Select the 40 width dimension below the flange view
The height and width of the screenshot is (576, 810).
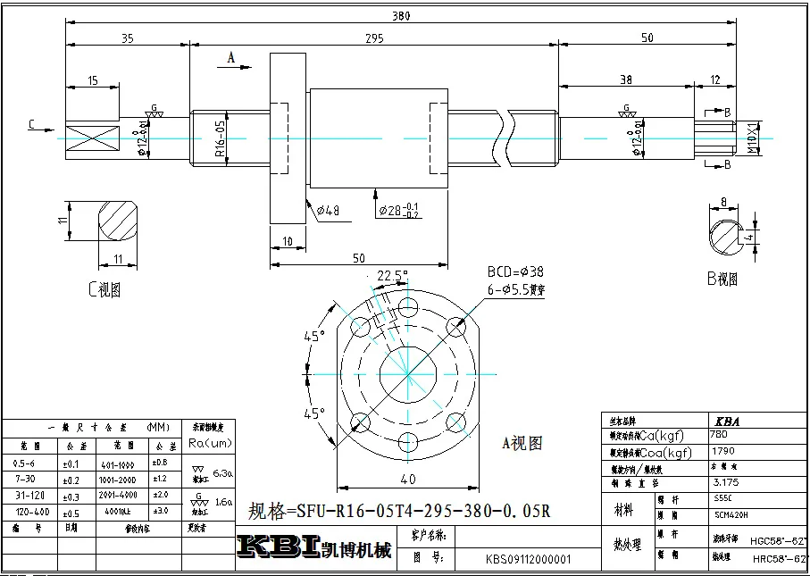pyautogui.click(x=407, y=480)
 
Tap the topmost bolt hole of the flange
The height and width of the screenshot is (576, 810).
pyautogui.click(x=408, y=308)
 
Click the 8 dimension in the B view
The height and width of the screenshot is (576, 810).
pyautogui.click(x=724, y=203)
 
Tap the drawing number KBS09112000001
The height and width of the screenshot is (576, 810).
pyautogui.click(x=528, y=561)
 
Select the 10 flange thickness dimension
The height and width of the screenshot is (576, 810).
pyautogui.click(x=287, y=242)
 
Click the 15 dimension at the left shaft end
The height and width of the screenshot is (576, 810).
pyautogui.click(x=93, y=81)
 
